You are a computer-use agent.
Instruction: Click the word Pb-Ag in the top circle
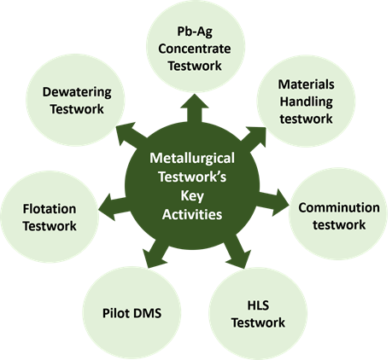point(195,32)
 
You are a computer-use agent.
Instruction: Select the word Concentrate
point(195,49)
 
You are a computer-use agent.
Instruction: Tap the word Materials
point(306,84)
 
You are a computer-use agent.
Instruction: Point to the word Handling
point(306,102)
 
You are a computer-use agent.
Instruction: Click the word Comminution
point(339,207)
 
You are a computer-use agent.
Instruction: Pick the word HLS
point(258,305)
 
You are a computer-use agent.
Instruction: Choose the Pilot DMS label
point(132,313)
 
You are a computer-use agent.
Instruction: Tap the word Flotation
point(50,209)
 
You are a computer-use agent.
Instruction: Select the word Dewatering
point(77,92)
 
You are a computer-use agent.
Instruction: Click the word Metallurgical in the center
point(192,159)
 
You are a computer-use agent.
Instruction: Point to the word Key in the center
point(192,196)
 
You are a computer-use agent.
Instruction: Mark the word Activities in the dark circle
point(192,214)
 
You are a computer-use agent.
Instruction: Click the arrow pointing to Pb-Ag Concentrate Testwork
point(195,108)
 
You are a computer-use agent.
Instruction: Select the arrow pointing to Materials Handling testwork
point(253,138)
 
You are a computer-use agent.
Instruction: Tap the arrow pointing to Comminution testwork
point(273,201)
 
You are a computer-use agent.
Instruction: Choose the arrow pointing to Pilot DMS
point(155,253)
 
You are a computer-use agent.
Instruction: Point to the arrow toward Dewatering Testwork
point(132,136)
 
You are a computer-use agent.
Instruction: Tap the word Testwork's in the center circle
point(192,177)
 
